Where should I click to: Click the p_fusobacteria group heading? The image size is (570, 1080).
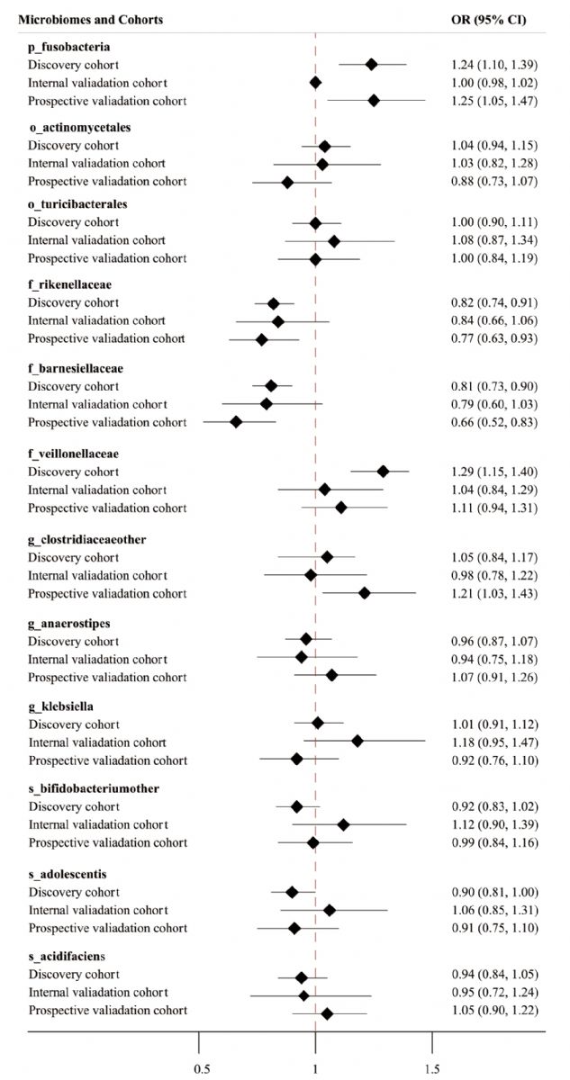(x=69, y=47)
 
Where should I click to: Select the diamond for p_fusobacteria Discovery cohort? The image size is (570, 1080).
(x=371, y=64)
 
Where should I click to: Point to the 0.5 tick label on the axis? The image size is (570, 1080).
(x=202, y=1069)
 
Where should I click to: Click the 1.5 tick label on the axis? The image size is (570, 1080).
(x=432, y=1069)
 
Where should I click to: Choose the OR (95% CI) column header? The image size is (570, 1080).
(x=488, y=20)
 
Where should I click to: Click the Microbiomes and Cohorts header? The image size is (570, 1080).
(x=91, y=20)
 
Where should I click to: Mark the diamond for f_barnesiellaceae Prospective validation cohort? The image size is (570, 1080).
(x=236, y=422)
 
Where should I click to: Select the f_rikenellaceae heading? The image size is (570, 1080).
(x=69, y=285)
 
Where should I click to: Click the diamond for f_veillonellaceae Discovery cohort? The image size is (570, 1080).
(x=383, y=471)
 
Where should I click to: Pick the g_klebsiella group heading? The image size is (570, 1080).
(x=60, y=706)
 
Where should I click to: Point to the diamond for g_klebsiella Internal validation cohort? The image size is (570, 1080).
(x=357, y=741)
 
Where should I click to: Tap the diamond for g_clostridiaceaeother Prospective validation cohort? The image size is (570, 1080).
(x=365, y=592)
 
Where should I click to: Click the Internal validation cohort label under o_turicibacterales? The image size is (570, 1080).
(x=96, y=240)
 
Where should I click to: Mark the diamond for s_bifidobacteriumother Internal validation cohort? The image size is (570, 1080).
(x=343, y=824)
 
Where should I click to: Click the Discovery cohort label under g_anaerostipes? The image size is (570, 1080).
(x=73, y=641)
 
